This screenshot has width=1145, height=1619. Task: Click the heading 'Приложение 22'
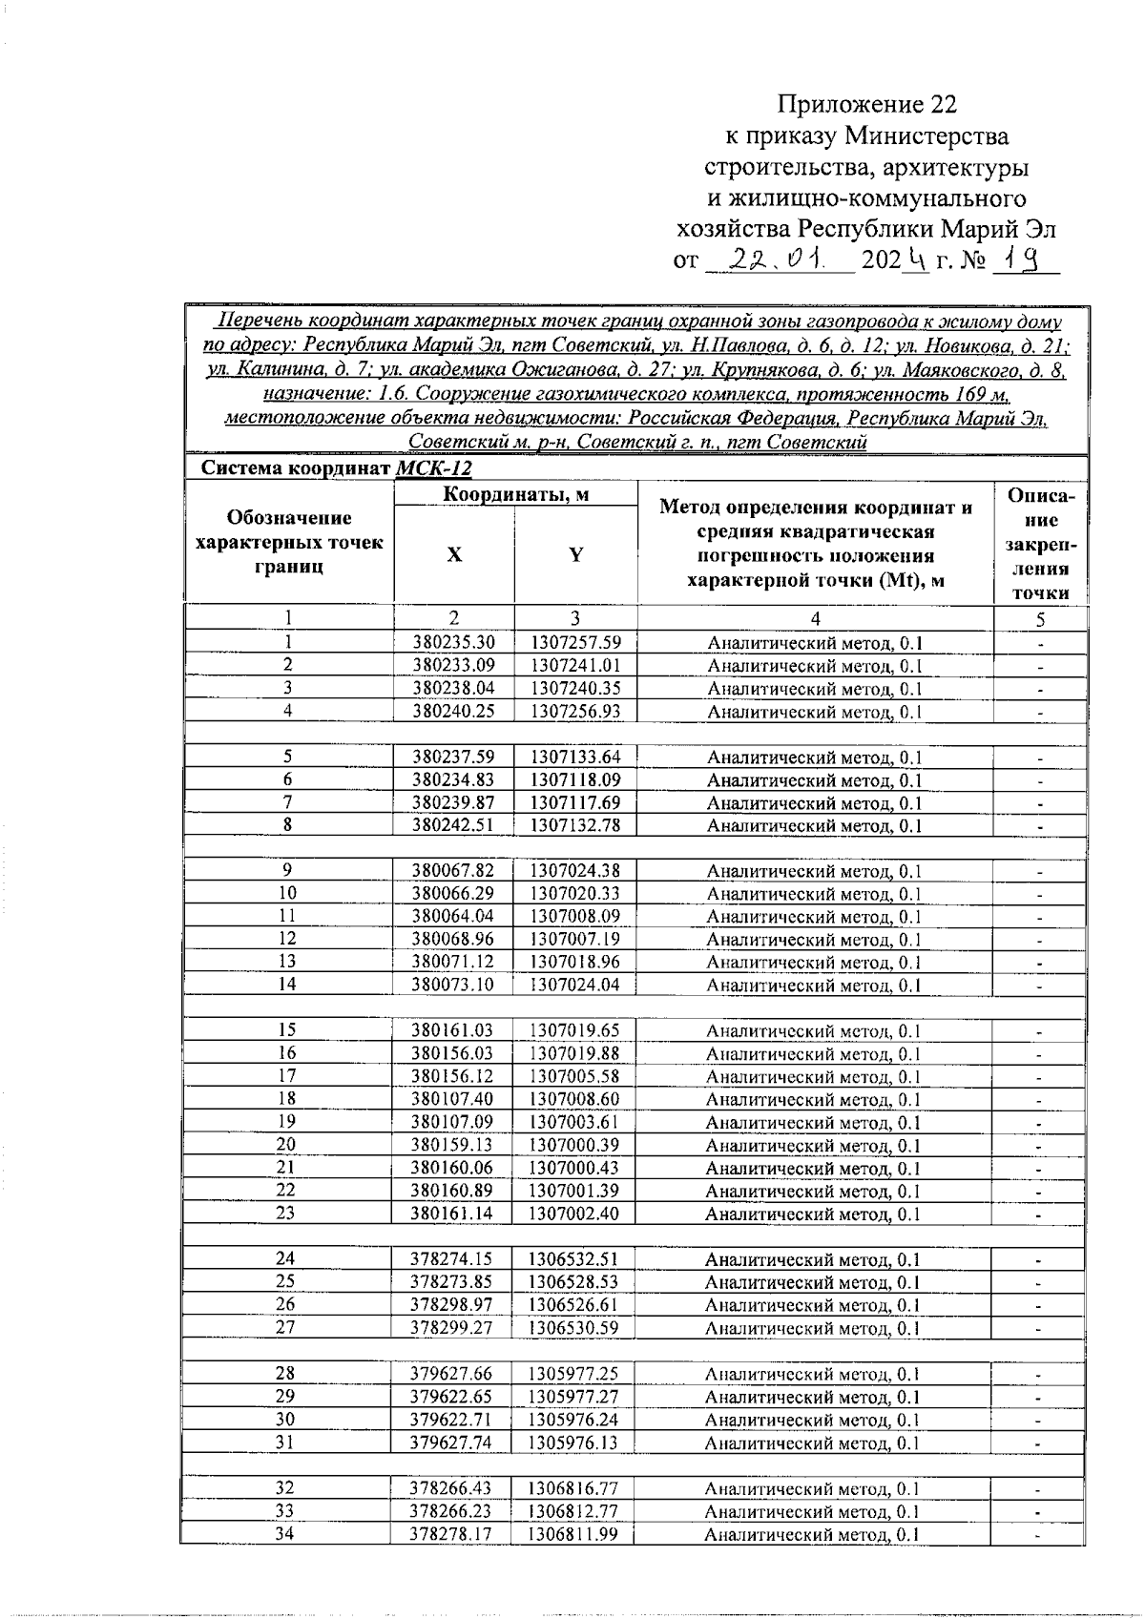tap(865, 103)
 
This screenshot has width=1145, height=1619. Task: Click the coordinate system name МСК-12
tap(434, 468)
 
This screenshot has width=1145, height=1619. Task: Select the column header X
tap(454, 555)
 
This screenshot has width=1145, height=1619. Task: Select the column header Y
tap(575, 555)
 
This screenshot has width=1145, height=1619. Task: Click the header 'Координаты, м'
tap(515, 494)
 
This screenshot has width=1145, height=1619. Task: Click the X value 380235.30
tap(453, 643)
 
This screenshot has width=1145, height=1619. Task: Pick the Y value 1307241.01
tap(575, 666)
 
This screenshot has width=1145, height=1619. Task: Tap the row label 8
tap(287, 826)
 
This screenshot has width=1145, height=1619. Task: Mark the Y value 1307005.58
tap(575, 1076)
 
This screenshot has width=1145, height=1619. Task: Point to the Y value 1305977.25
tap(574, 1374)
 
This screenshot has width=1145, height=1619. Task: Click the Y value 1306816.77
tap(574, 1488)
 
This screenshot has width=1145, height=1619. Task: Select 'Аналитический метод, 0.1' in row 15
tap(813, 1031)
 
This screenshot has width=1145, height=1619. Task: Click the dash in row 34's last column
tap(1039, 1535)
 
